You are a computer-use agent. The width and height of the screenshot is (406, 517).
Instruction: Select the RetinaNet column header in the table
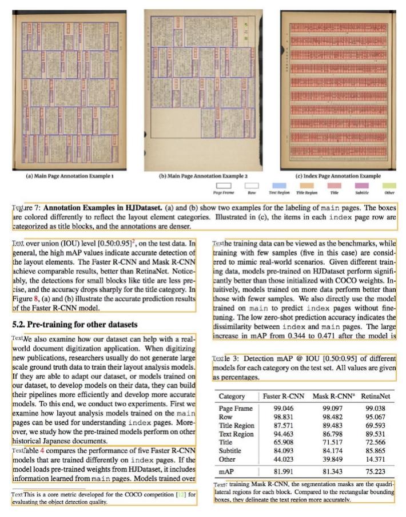(x=376, y=396)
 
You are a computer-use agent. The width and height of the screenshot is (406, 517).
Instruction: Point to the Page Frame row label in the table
(x=236, y=409)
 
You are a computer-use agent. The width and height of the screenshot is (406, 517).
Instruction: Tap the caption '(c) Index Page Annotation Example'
(x=339, y=176)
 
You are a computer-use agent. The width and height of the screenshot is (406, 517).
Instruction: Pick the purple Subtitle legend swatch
(x=361, y=185)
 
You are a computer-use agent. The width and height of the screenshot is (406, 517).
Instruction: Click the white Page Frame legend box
(x=225, y=185)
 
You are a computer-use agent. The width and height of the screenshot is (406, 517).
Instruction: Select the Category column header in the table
(x=232, y=396)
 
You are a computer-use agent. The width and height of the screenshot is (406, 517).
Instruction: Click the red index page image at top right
(x=339, y=91)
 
